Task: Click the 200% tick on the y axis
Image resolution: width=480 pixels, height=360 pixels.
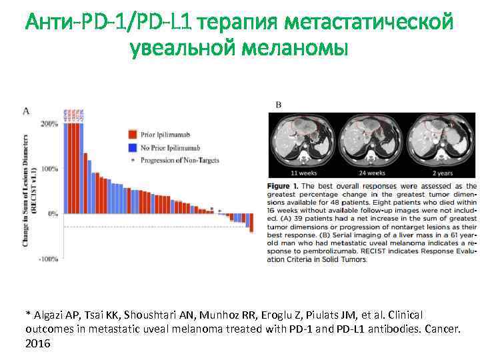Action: click(x=49, y=125)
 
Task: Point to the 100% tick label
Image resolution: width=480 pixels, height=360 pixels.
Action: click(x=49, y=169)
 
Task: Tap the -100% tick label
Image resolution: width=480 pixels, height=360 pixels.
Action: click(x=48, y=259)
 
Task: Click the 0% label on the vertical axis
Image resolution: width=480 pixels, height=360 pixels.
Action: click(x=52, y=214)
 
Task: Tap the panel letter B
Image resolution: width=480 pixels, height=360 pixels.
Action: click(x=278, y=104)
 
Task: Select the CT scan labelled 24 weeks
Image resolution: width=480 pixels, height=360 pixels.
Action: click(x=368, y=142)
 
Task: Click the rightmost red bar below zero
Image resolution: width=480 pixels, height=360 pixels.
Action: click(x=252, y=223)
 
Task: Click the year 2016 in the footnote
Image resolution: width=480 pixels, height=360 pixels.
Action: click(x=37, y=344)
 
